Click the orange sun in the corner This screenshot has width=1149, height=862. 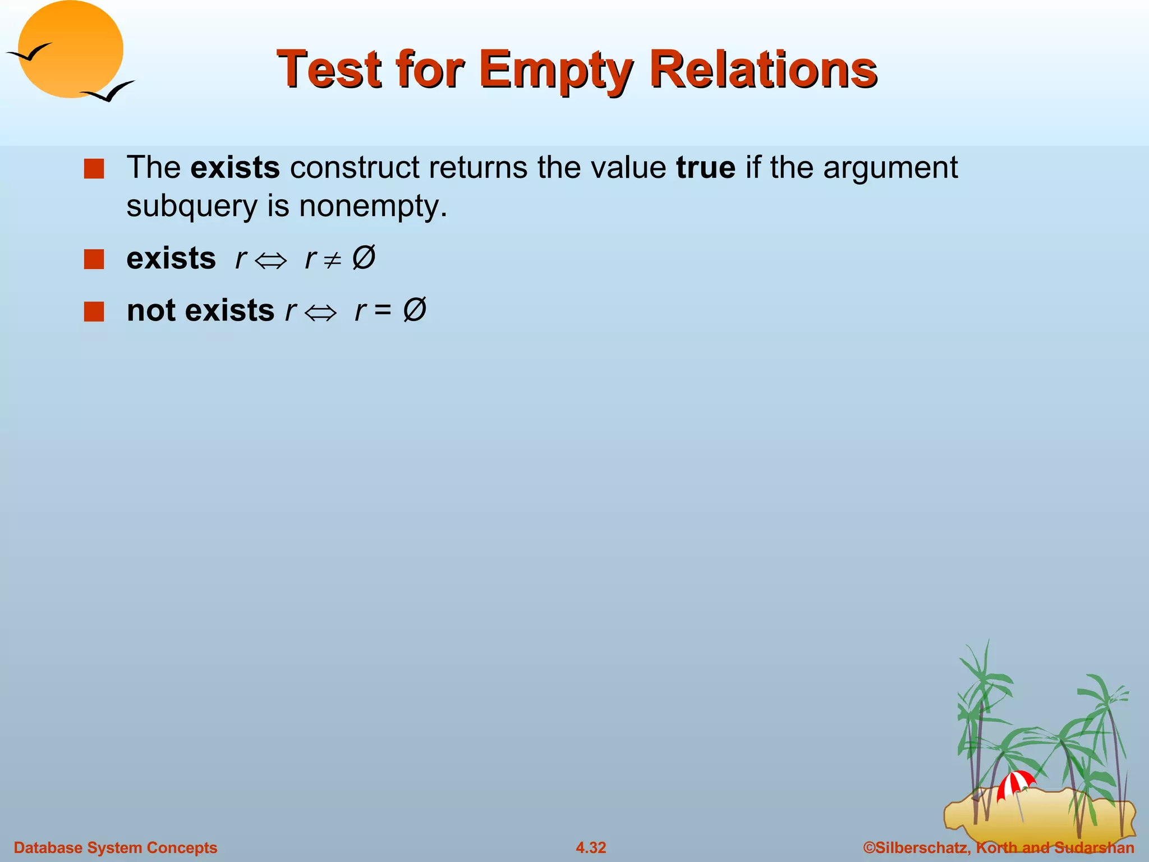click(71, 49)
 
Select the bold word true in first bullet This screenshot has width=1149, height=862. click(705, 167)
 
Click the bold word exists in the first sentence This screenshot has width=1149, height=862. click(235, 167)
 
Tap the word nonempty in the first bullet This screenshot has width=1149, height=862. click(373, 207)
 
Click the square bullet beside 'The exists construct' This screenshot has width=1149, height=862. click(94, 169)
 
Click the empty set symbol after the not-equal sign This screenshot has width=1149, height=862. click(364, 258)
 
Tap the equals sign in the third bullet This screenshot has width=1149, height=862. click(383, 310)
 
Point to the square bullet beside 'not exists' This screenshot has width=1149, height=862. click(94, 311)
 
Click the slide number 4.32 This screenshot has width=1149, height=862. click(591, 847)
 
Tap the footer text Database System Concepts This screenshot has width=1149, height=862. click(115, 847)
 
